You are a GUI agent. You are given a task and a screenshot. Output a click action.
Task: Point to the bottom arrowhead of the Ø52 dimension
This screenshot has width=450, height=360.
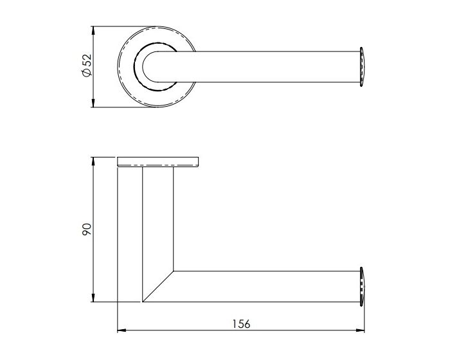(x=94, y=104)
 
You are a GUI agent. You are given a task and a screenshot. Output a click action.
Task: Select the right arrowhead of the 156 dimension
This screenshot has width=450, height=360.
(x=361, y=331)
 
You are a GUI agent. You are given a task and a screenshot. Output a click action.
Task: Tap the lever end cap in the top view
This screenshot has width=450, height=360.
(x=363, y=66)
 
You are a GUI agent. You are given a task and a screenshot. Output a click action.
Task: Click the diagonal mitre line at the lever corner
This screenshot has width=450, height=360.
(x=158, y=285)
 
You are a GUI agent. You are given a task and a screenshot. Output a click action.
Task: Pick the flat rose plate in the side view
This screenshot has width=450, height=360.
(x=157, y=161)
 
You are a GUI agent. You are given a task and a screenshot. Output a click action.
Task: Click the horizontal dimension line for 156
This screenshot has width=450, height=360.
(x=193, y=331)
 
